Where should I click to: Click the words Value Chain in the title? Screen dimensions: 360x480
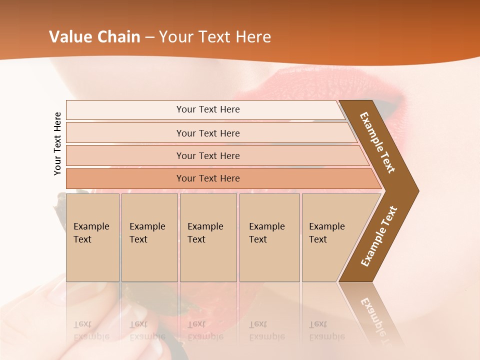[x=94, y=37]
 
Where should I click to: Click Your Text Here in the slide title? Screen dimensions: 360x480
[x=215, y=37]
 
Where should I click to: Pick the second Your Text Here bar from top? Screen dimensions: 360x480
[x=207, y=133]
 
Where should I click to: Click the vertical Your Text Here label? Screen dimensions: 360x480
[x=57, y=143]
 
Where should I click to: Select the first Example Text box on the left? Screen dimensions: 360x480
[x=92, y=237]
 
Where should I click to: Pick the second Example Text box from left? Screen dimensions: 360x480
[x=149, y=237]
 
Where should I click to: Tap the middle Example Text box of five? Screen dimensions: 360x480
[x=208, y=237]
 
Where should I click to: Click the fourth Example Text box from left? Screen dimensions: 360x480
[x=269, y=237]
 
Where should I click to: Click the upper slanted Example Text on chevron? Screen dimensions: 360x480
[x=377, y=142]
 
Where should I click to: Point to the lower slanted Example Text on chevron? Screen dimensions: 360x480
[x=378, y=236]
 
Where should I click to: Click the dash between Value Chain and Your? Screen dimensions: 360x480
[x=149, y=37]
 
